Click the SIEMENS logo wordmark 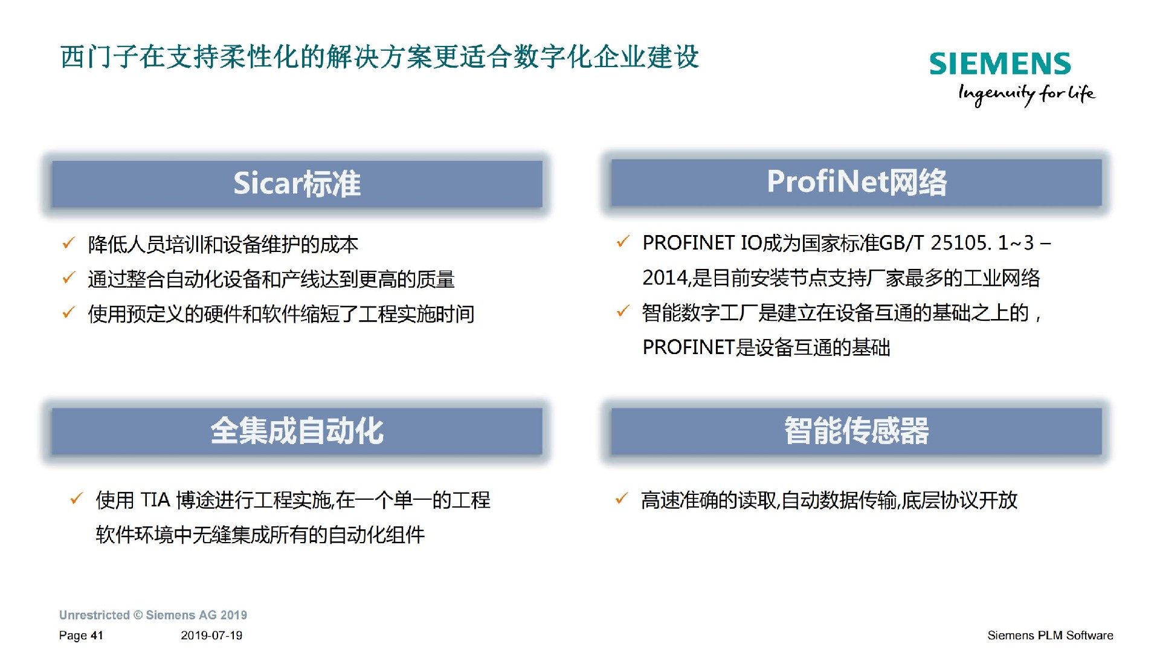tap(1000, 64)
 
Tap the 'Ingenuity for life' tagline tap(1026, 94)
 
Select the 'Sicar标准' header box tap(297, 184)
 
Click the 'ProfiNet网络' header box tap(856, 182)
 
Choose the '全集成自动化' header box tap(297, 431)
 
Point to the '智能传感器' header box tap(856, 431)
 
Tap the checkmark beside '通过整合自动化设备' tap(68, 278)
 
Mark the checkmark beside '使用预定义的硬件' tap(68, 312)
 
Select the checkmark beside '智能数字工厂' tap(622, 312)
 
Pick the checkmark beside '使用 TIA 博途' tap(76, 499)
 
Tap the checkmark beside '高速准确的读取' tap(621, 499)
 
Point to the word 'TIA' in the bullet tap(155, 500)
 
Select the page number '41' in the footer tap(97, 636)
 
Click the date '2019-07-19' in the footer tap(211, 636)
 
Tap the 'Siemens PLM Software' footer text tap(1050, 636)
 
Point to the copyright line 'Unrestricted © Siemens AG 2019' tap(153, 615)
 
